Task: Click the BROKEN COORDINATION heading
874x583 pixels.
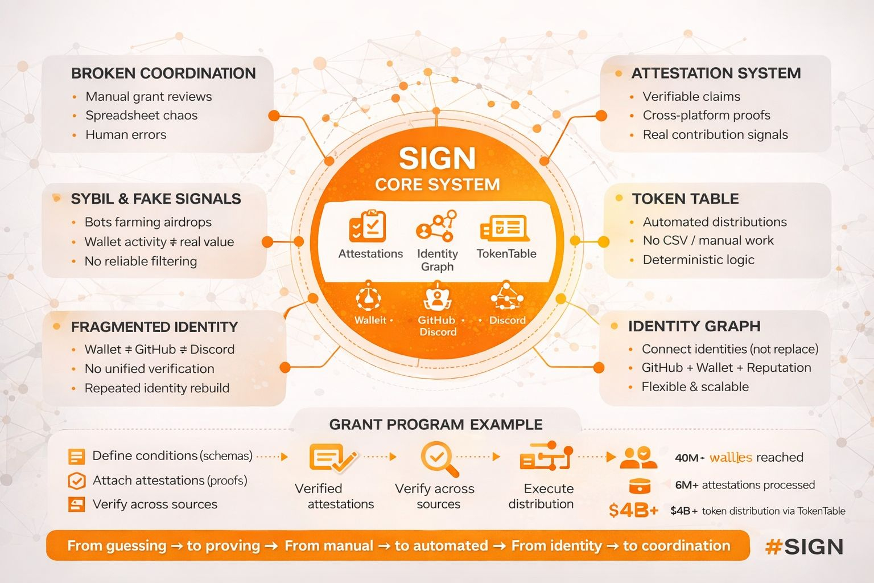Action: pos(163,73)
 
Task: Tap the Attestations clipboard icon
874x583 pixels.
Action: pos(368,226)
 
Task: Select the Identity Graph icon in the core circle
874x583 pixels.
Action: pos(436,227)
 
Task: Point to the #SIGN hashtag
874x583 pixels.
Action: pos(804,547)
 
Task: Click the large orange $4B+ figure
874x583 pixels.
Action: pos(633,510)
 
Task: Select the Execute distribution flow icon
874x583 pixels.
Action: pos(546,457)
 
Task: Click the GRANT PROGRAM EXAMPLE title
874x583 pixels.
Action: pos(436,425)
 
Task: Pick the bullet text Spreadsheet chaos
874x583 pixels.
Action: pos(142,116)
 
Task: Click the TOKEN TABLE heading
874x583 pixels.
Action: pos(685,199)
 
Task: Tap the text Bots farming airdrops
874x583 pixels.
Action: pos(148,222)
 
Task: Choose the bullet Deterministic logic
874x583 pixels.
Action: pos(698,260)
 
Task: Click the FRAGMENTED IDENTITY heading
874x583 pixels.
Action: pos(154,327)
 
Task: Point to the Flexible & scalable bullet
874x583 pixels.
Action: pos(695,387)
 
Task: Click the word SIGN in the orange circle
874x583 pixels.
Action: pos(437,158)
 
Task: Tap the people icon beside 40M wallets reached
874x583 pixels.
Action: pos(638,457)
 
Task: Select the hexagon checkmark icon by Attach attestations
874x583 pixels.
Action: pos(76,481)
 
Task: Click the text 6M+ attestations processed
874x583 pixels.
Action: pos(744,485)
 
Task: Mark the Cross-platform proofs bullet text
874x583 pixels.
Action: pos(706,116)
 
